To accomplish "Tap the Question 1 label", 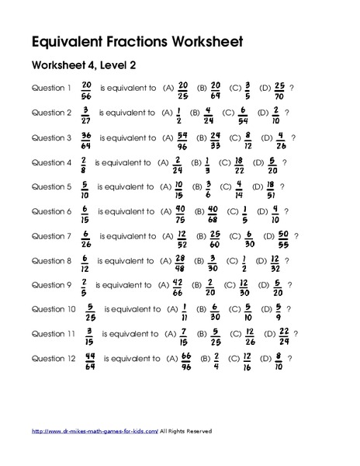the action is pyautogui.click(x=51, y=88).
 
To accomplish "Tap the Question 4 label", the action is pyautogui.click(x=51, y=163).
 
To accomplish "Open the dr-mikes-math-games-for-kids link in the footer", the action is pyautogui.click(x=95, y=430).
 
